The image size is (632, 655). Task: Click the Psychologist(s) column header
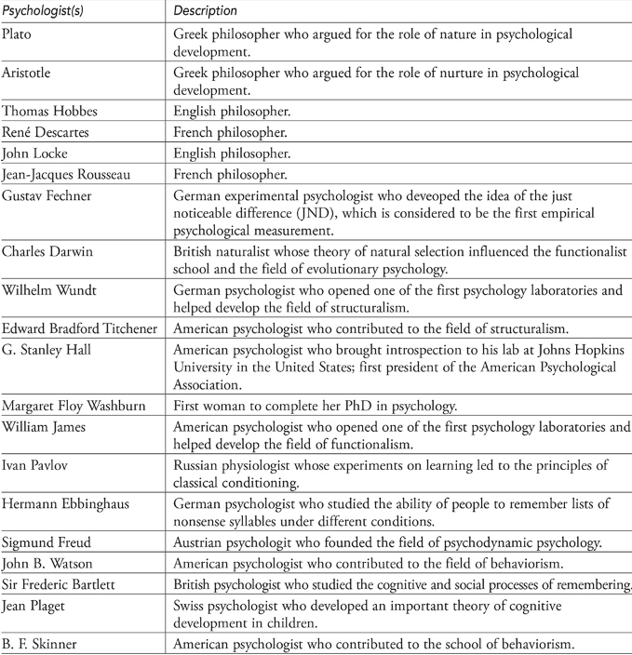tap(45, 11)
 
